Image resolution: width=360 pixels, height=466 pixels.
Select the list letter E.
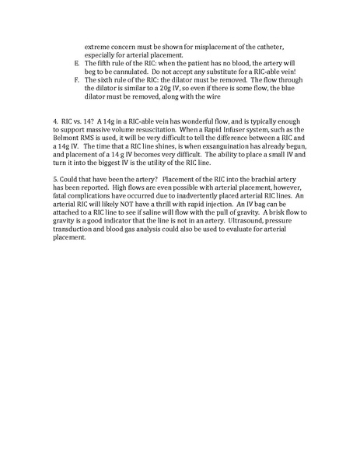tap(75, 64)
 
